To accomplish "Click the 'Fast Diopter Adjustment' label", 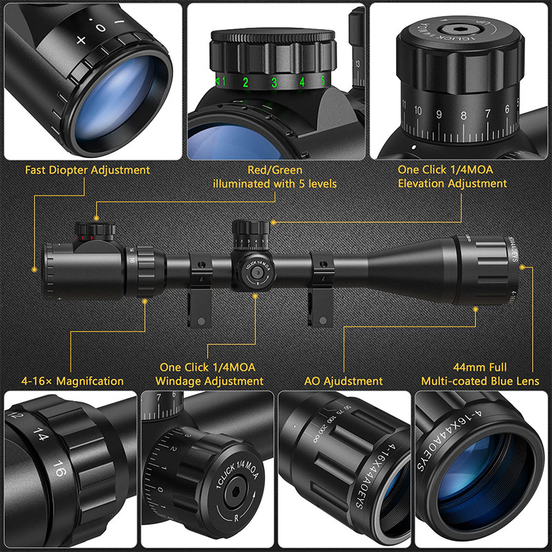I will tap(88, 170).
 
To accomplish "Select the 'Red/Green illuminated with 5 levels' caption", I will tap(275, 177).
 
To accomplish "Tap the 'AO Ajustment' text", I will tap(343, 381).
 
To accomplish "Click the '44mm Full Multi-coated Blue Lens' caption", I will tap(480, 375).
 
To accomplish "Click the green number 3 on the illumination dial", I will tap(274, 83).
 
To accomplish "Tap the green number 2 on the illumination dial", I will tap(245, 83).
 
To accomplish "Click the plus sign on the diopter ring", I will tap(81, 40).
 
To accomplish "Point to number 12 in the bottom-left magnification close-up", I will tap(14, 417).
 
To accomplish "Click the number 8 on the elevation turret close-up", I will tap(463, 116).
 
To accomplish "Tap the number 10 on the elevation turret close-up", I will tap(417, 110).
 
